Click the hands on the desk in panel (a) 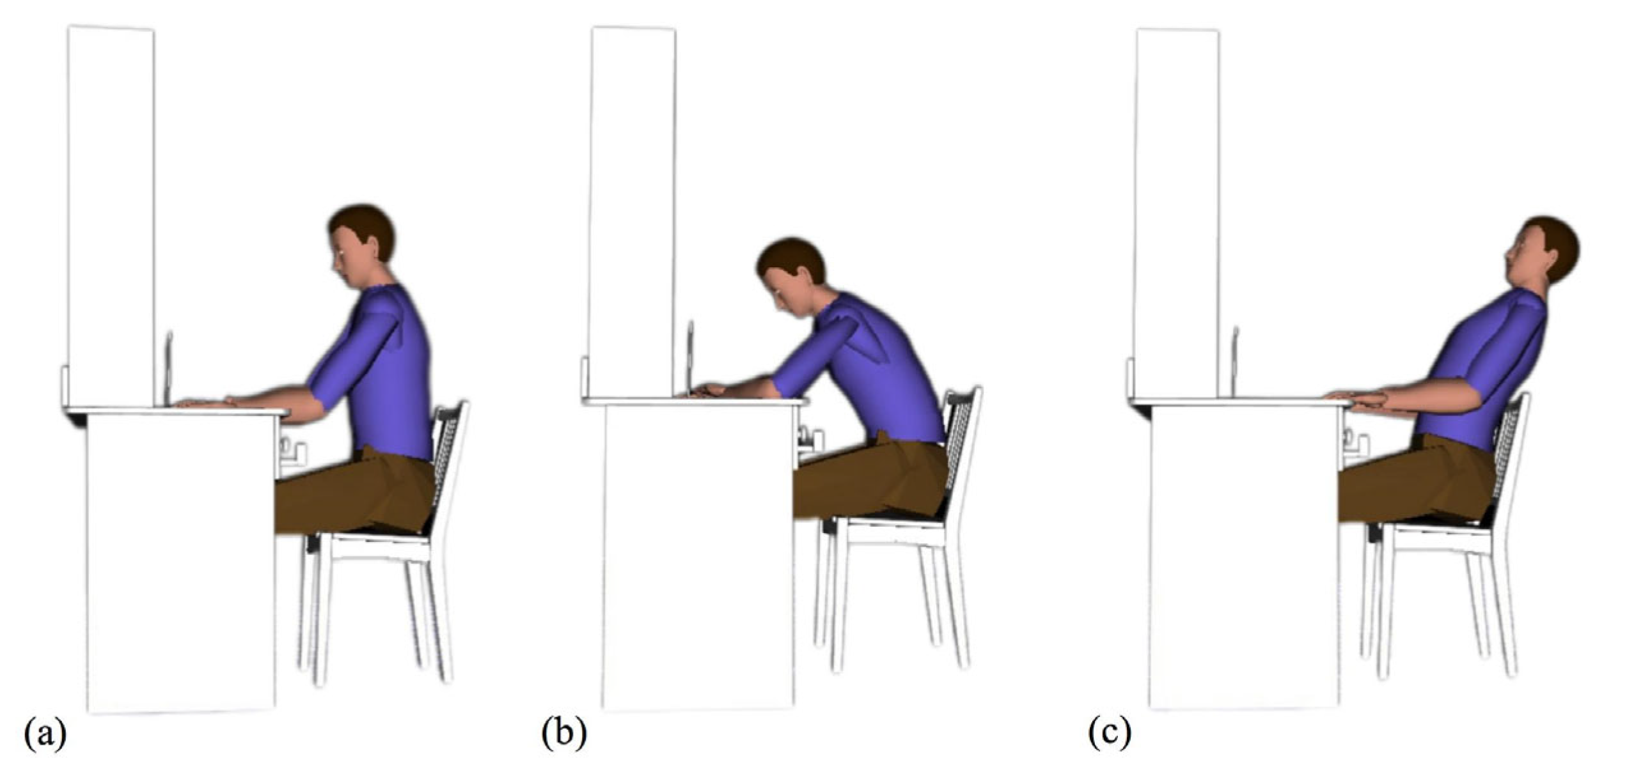[205, 403]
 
